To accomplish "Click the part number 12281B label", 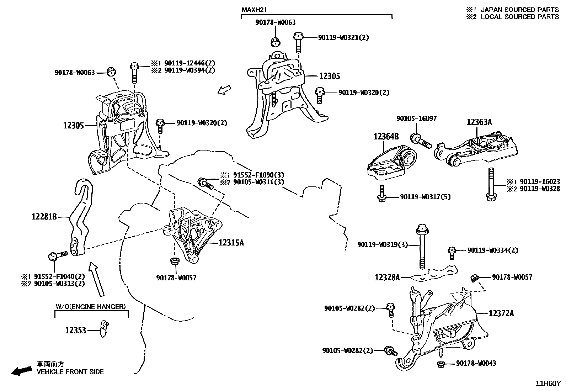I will pyautogui.click(x=44, y=216).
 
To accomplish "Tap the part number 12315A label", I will pyautogui.click(x=231, y=243).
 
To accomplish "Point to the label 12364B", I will pyautogui.click(x=386, y=136).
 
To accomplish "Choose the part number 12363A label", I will pyautogui.click(x=479, y=122).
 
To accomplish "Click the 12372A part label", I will pyautogui.click(x=501, y=313).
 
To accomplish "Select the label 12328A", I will pyautogui.click(x=387, y=277).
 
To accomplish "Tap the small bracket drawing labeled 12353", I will pyautogui.click(x=104, y=329).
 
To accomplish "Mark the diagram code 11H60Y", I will pyautogui.click(x=548, y=384).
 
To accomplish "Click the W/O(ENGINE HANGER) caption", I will pyautogui.click(x=91, y=306).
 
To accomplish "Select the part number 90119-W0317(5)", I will pyautogui.click(x=425, y=197).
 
